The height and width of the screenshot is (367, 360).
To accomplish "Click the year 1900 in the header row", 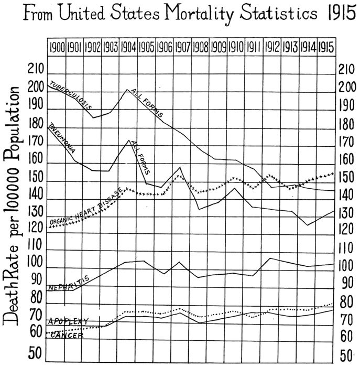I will (57, 46).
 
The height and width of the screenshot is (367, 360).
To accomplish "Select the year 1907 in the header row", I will (182, 46).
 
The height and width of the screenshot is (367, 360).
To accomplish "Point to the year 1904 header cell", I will (128, 46).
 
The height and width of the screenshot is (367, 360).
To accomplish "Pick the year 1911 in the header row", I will (254, 46).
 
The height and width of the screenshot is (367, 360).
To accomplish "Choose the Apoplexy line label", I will (69, 321).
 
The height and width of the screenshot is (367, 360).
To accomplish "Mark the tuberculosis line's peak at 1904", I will (127, 90).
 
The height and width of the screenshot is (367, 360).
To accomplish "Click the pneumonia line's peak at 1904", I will (128, 140).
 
